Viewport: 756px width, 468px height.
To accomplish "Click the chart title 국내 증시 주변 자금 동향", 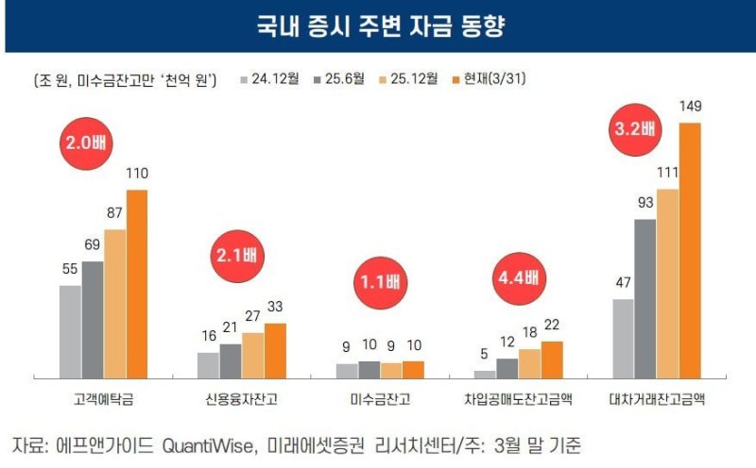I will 378,25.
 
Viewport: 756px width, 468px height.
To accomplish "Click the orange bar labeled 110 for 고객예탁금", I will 137,283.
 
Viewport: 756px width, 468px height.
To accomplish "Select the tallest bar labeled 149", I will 691,250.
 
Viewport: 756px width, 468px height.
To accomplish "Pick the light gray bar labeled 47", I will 623,338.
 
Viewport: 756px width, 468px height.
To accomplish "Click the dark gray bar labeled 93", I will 645,298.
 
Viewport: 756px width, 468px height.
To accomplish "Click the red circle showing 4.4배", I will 517,278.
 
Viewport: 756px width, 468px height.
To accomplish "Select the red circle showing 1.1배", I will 379,282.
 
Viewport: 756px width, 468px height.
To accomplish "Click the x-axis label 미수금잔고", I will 379,399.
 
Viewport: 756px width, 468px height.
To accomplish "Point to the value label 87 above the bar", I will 114,213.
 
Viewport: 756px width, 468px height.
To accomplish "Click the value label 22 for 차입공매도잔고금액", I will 552,326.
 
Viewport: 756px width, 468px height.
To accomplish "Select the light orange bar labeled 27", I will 252,355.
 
